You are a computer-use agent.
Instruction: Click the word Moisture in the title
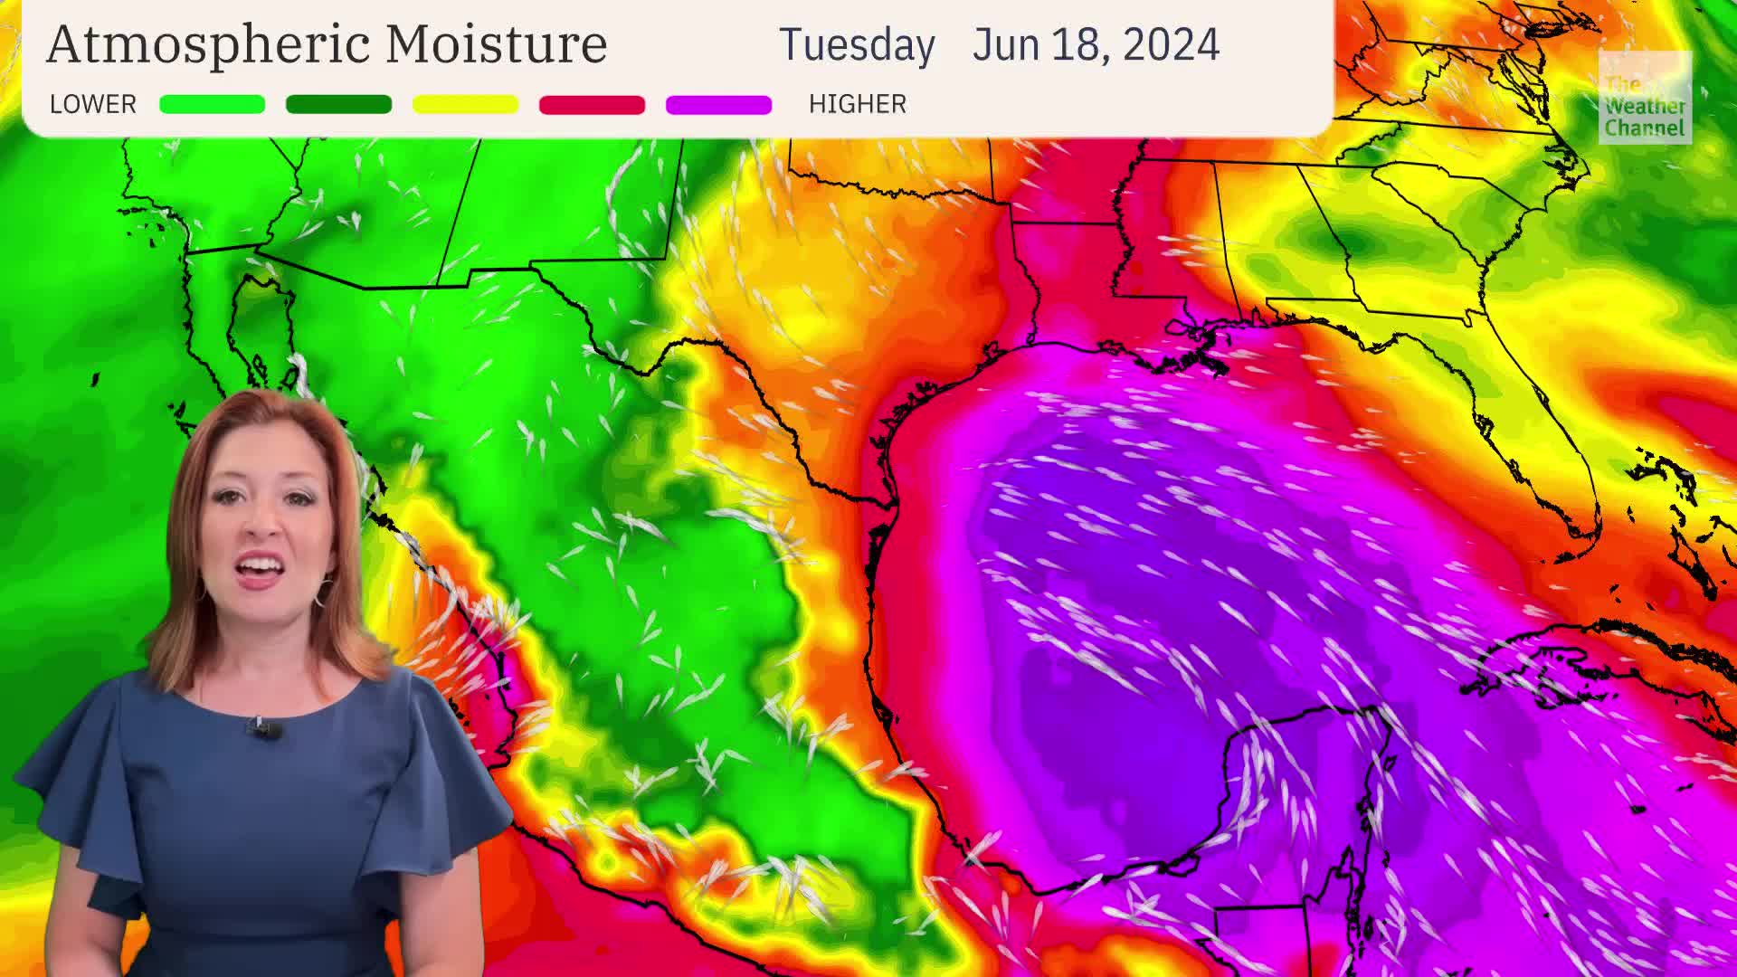click(x=496, y=43)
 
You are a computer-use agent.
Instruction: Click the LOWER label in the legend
click(x=92, y=104)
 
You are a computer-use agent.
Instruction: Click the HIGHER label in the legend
click(x=857, y=104)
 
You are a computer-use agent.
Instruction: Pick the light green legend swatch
click(x=212, y=105)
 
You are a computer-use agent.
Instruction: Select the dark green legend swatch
click(x=338, y=105)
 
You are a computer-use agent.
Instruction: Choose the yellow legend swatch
click(x=465, y=105)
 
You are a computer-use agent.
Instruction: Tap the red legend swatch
click(x=592, y=105)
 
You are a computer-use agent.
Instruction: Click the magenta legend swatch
click(x=718, y=105)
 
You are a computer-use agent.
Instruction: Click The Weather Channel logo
click(x=1644, y=98)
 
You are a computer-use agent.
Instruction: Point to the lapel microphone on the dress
click(x=263, y=726)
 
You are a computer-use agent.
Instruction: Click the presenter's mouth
click(x=260, y=569)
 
